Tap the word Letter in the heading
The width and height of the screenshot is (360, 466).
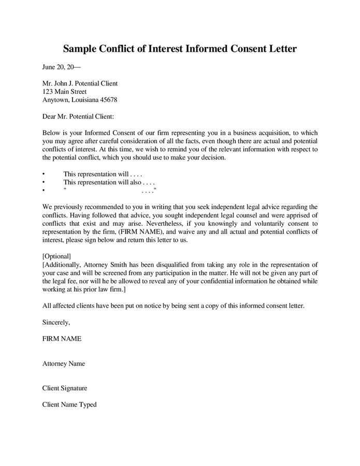click(280, 49)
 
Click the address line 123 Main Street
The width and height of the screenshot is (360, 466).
click(65, 92)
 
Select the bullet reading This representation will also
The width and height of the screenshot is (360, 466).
click(109, 182)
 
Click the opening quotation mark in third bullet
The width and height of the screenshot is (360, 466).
click(65, 191)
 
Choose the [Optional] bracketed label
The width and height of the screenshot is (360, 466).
click(56, 256)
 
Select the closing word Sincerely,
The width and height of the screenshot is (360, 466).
click(56, 322)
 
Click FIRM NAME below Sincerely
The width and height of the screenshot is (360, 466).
click(62, 339)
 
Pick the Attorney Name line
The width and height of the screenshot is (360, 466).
click(63, 363)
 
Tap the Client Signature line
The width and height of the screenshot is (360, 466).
click(64, 388)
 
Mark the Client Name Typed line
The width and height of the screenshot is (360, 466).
click(69, 404)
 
